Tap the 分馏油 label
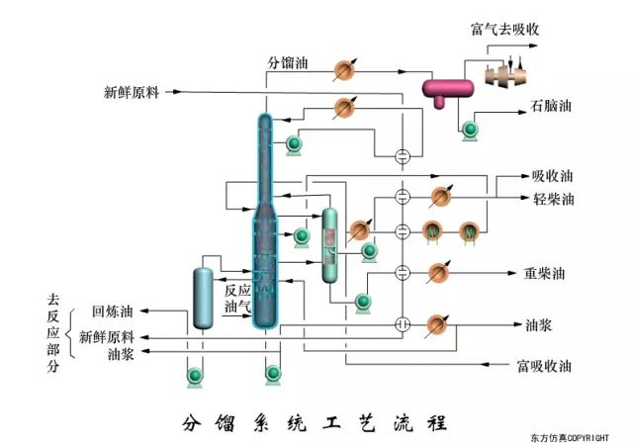click(288, 63)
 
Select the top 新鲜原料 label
click(132, 93)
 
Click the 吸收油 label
click(552, 177)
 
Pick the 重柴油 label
click(544, 272)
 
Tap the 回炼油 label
click(112, 310)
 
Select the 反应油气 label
click(237, 299)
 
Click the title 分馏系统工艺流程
click(316, 422)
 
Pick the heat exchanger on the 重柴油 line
click(436, 271)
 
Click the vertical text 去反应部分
click(53, 331)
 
